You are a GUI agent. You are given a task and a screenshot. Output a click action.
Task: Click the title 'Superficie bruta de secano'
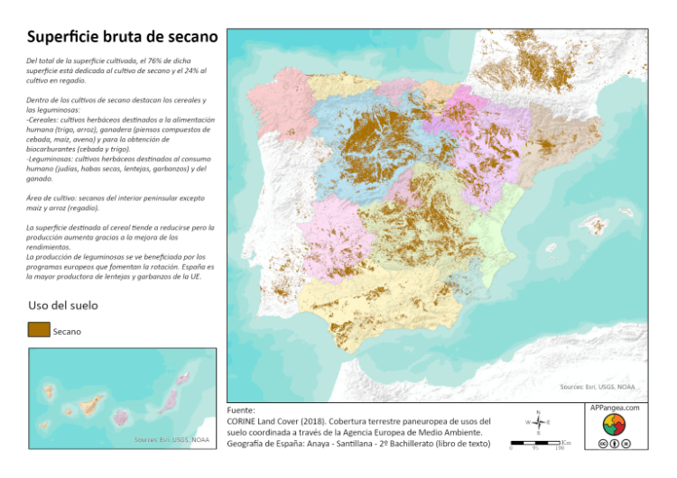pyautogui.click(x=122, y=37)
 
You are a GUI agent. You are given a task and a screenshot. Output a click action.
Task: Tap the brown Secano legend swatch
pyautogui.click(x=39, y=330)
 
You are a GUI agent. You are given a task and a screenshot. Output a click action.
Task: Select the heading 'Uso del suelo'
pyautogui.click(x=63, y=306)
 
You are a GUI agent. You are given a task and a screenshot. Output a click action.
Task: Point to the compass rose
pyautogui.click(x=538, y=422)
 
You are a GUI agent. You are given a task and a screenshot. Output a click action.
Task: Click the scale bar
pyautogui.click(x=538, y=444)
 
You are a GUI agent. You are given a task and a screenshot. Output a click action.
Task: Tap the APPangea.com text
pyautogui.click(x=615, y=409)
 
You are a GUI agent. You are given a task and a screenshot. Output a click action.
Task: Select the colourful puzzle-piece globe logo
pyautogui.click(x=614, y=425)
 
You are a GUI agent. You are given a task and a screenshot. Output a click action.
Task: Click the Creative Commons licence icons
pyautogui.click(x=614, y=444)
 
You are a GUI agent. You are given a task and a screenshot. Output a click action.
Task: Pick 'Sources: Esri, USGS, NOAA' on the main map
pyautogui.click(x=597, y=387)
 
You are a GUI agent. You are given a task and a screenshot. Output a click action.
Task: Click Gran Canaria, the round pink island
pyautogui.click(x=119, y=418)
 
